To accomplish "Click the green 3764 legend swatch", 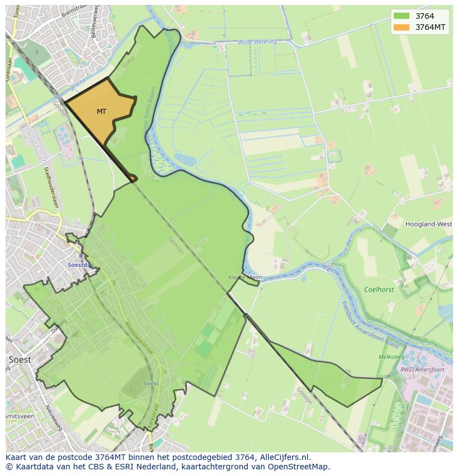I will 402,17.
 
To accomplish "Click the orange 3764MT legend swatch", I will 402,27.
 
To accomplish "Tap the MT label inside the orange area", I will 101,112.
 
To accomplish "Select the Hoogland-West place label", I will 429,224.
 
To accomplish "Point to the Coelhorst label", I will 379,289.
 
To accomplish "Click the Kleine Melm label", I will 245,278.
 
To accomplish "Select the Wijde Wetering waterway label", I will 257,42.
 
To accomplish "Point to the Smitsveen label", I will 18,416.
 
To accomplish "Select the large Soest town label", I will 20,359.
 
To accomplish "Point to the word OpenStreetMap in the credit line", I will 299,467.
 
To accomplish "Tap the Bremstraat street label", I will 71,11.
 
